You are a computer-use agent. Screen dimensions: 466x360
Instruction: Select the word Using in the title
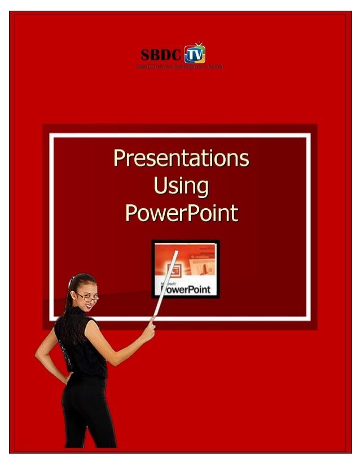[x=181, y=186]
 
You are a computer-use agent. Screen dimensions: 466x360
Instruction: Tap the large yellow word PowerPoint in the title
[x=181, y=214]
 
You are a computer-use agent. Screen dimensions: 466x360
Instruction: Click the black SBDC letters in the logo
[x=161, y=55]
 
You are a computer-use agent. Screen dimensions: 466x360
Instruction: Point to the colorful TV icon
[x=195, y=55]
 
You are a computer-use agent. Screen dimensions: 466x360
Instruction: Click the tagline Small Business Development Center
[x=180, y=67]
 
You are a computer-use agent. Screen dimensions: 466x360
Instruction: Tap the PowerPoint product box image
[x=186, y=269]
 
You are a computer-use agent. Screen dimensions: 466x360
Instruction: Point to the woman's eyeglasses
[x=87, y=295]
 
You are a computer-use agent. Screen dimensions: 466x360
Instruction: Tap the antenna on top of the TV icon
[x=198, y=44]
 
